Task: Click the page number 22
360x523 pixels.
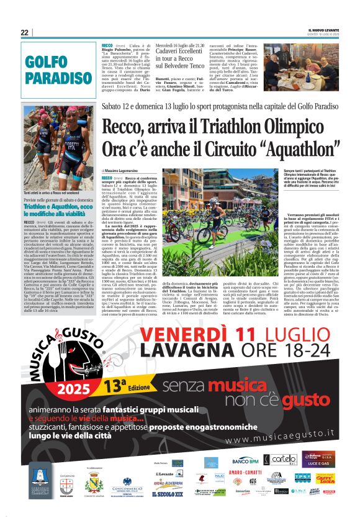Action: tap(24, 33)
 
